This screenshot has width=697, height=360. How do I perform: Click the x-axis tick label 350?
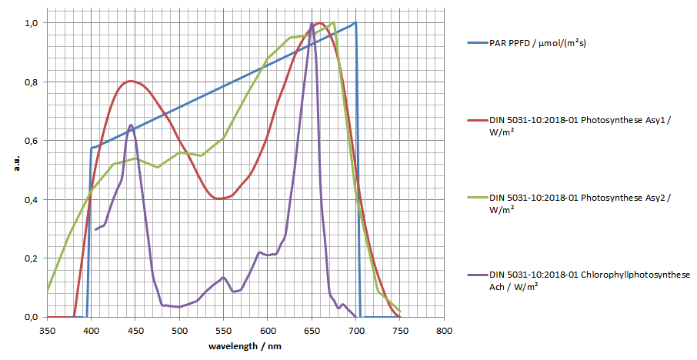[47, 332]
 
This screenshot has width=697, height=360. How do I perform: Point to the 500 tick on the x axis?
[179, 332]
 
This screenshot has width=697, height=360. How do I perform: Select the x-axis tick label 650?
[312, 332]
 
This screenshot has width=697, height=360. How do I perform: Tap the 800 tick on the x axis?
[444, 332]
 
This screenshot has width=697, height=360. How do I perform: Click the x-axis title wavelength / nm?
[245, 347]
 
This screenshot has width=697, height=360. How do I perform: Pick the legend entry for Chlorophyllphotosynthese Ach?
[589, 280]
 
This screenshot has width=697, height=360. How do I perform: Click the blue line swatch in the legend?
[475, 43]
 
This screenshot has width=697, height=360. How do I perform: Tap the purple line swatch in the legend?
[475, 275]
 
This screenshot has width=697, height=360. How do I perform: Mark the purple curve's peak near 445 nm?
[131, 125]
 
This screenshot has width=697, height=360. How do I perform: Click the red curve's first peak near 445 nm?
[131, 81]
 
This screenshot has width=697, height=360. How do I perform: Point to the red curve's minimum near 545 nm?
[219, 198]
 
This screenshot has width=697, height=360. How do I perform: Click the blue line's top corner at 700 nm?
[355, 23]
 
